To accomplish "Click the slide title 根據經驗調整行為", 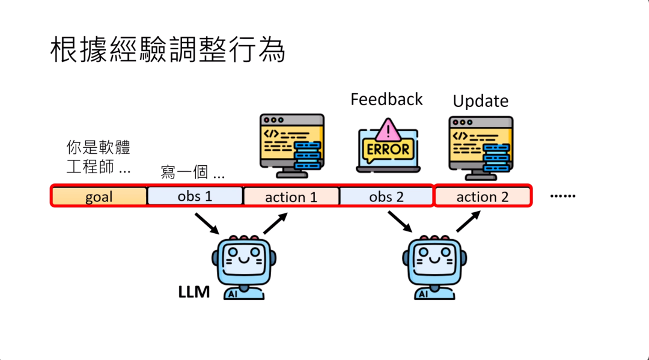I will (x=167, y=50).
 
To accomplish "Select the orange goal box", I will (x=99, y=197).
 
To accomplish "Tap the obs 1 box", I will (x=195, y=196).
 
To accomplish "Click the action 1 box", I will (x=291, y=197).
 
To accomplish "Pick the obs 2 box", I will (x=386, y=197).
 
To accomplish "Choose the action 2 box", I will (x=483, y=197).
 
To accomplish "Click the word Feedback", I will (x=386, y=99).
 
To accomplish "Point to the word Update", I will (x=480, y=101).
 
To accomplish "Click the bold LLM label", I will (x=193, y=293).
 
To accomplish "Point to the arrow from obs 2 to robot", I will (x=398, y=222).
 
